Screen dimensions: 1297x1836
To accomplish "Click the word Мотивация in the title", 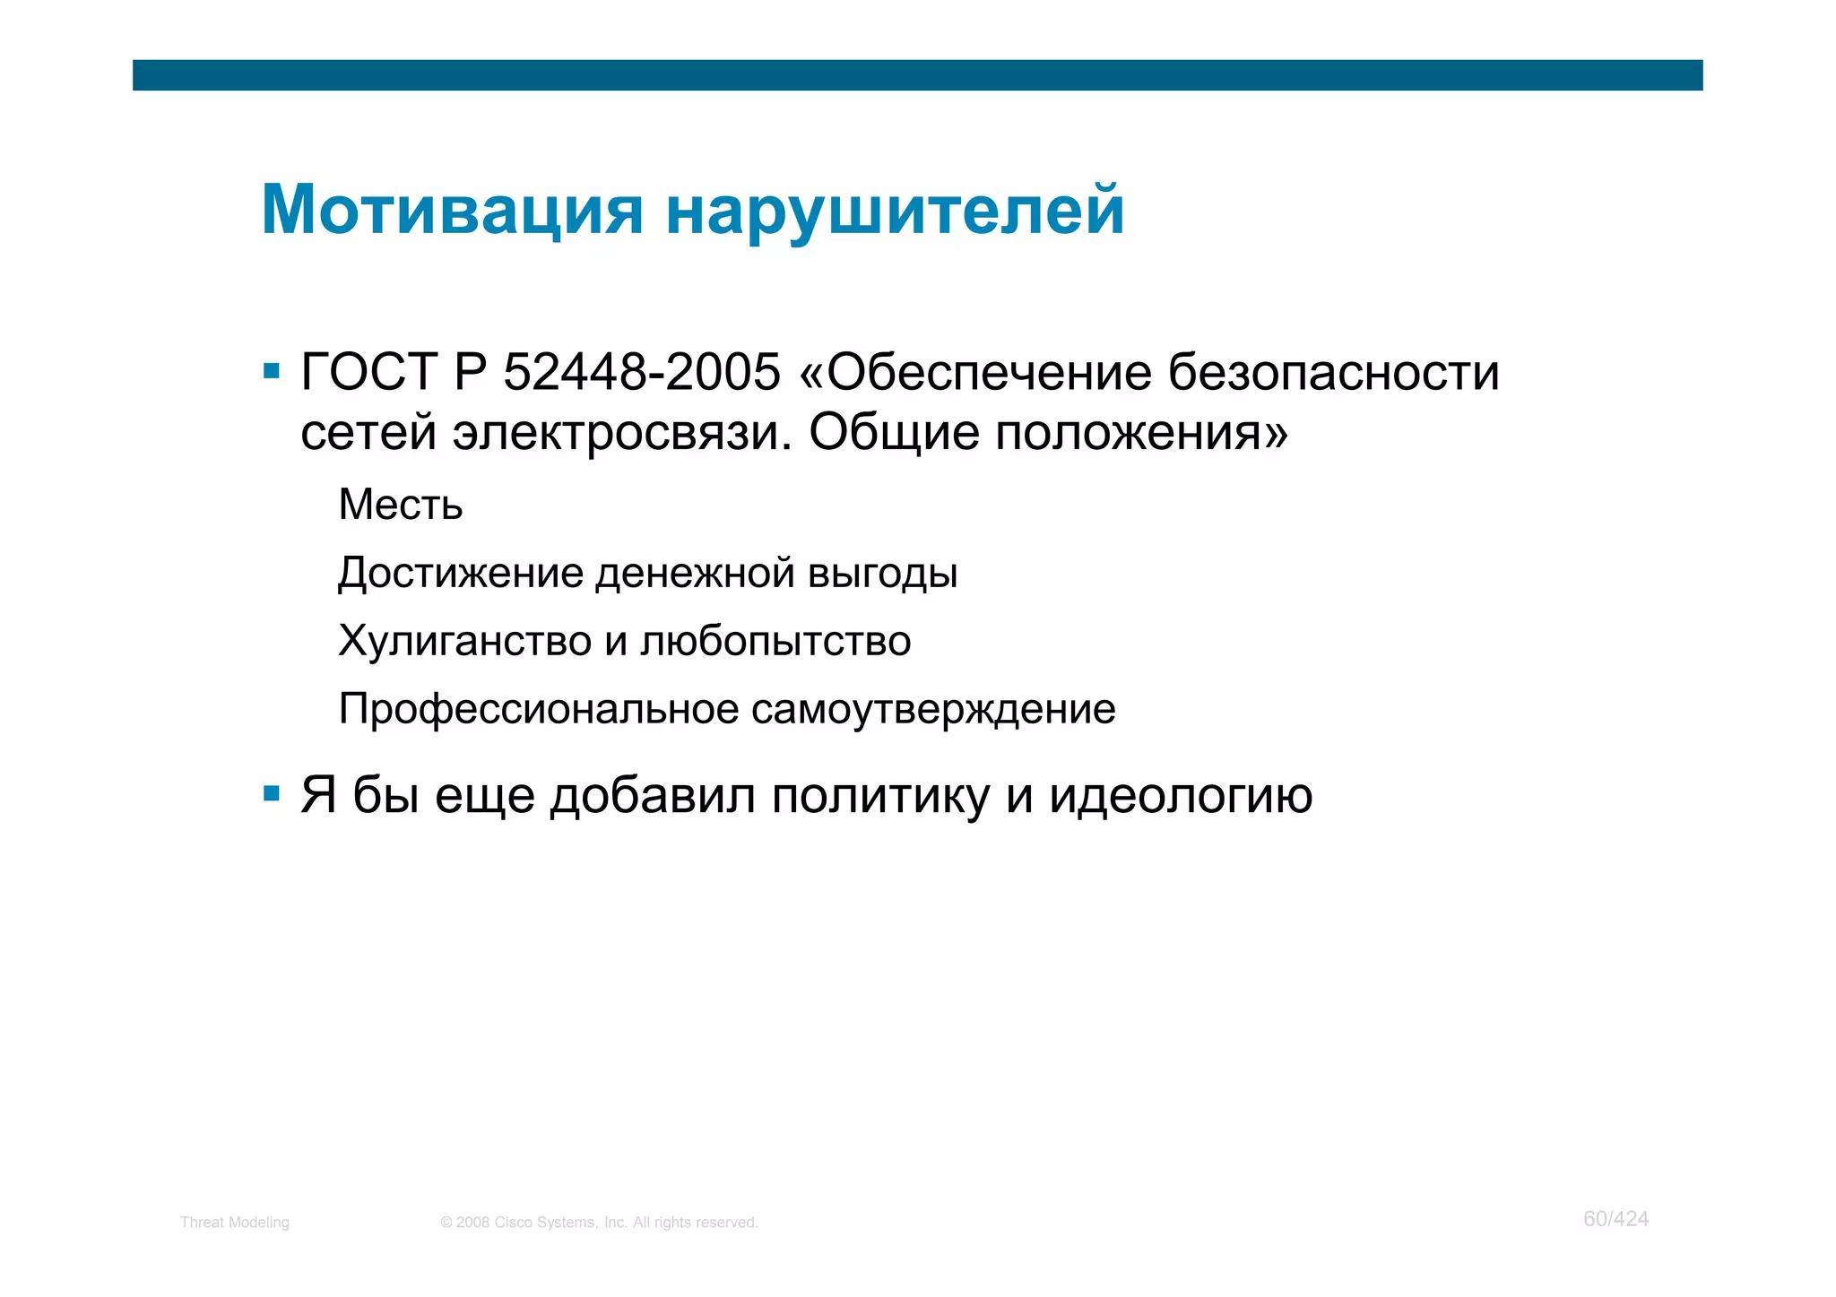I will coord(452,211).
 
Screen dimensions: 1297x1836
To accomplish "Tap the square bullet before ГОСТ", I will coord(272,370).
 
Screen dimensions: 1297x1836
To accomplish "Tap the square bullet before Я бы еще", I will coord(272,793).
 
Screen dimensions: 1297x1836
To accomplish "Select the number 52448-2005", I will coord(641,372).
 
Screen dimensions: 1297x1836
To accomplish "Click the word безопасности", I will coord(1334,372).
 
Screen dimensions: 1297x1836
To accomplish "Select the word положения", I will coord(1140,433).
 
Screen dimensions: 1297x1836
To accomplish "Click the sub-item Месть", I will coord(401,505).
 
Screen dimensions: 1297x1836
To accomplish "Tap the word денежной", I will coord(695,573).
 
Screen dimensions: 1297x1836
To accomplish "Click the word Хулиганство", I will coord(464,641).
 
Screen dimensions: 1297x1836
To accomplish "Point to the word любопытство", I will coord(775,641).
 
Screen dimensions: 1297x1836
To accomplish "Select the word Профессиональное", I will coord(539,709).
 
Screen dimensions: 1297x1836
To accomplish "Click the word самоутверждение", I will coord(933,709).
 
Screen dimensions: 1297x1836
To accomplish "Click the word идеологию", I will coord(1180,795).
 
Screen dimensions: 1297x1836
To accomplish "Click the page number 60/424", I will coord(1615,1219).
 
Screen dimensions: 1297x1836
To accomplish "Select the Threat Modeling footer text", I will coord(235,1223).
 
